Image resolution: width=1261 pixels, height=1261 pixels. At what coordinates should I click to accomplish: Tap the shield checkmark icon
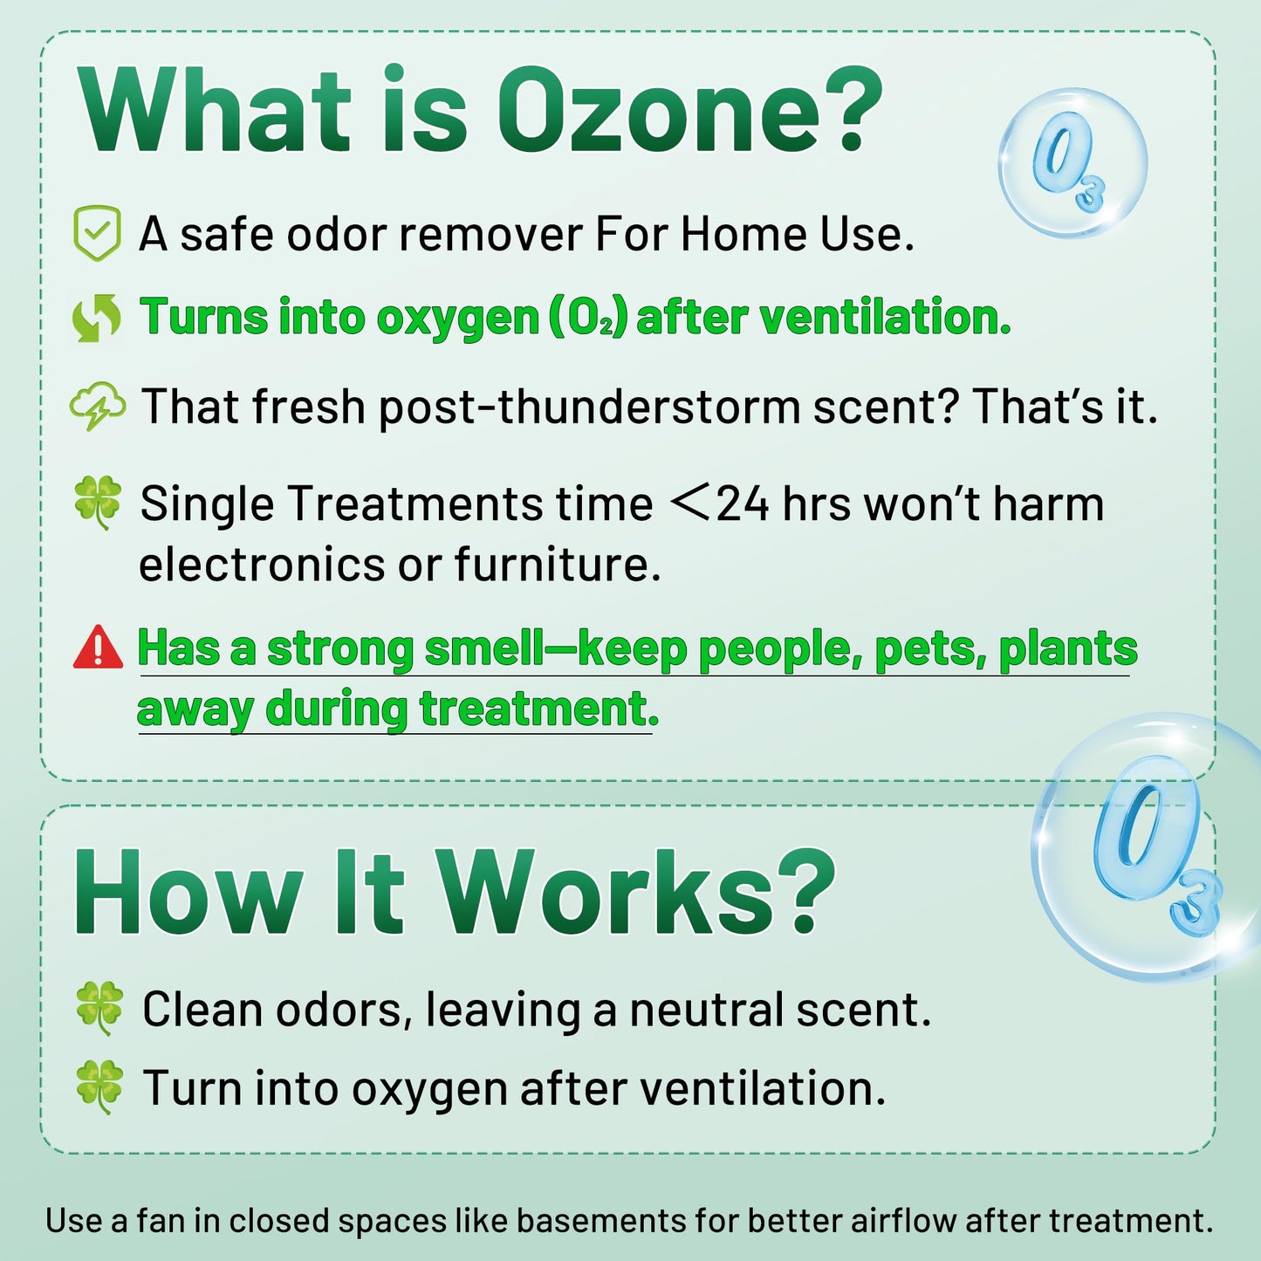click(x=96, y=233)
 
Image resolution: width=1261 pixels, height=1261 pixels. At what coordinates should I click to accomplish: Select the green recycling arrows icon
click(x=96, y=318)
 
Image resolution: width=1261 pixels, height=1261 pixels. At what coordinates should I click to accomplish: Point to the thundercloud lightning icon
click(x=96, y=407)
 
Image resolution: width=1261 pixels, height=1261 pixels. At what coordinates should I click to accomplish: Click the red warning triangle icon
click(x=98, y=648)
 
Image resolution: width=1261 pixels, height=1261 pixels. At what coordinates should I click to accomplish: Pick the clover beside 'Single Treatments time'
click(x=98, y=503)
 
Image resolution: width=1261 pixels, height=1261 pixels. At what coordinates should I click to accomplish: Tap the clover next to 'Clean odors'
click(x=99, y=1008)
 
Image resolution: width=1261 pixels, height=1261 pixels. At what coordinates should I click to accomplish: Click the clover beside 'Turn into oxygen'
click(x=99, y=1086)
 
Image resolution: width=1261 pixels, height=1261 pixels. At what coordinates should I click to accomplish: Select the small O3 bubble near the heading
click(x=1072, y=163)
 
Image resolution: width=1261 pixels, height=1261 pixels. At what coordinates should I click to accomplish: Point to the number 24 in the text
click(x=743, y=504)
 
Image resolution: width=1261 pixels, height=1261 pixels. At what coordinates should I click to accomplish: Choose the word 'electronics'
click(x=262, y=565)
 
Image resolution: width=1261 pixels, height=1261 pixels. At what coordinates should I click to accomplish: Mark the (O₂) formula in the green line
click(x=588, y=318)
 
